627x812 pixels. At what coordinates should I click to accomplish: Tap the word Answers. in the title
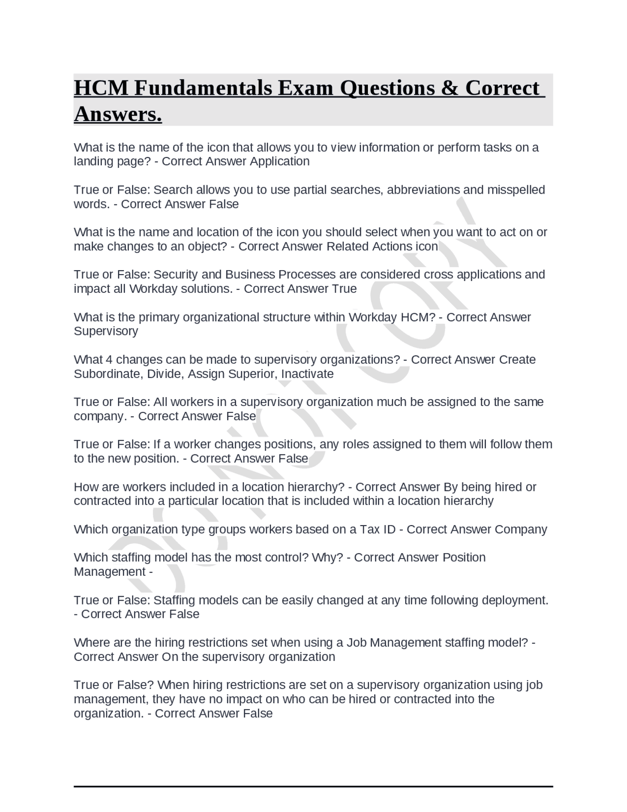click(x=118, y=114)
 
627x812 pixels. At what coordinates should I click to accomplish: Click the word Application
click(x=280, y=161)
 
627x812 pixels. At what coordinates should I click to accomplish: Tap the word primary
click(x=159, y=317)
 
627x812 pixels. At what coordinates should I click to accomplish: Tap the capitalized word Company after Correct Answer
click(x=521, y=530)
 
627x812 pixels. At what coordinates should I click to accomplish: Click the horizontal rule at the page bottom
click(x=313, y=786)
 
